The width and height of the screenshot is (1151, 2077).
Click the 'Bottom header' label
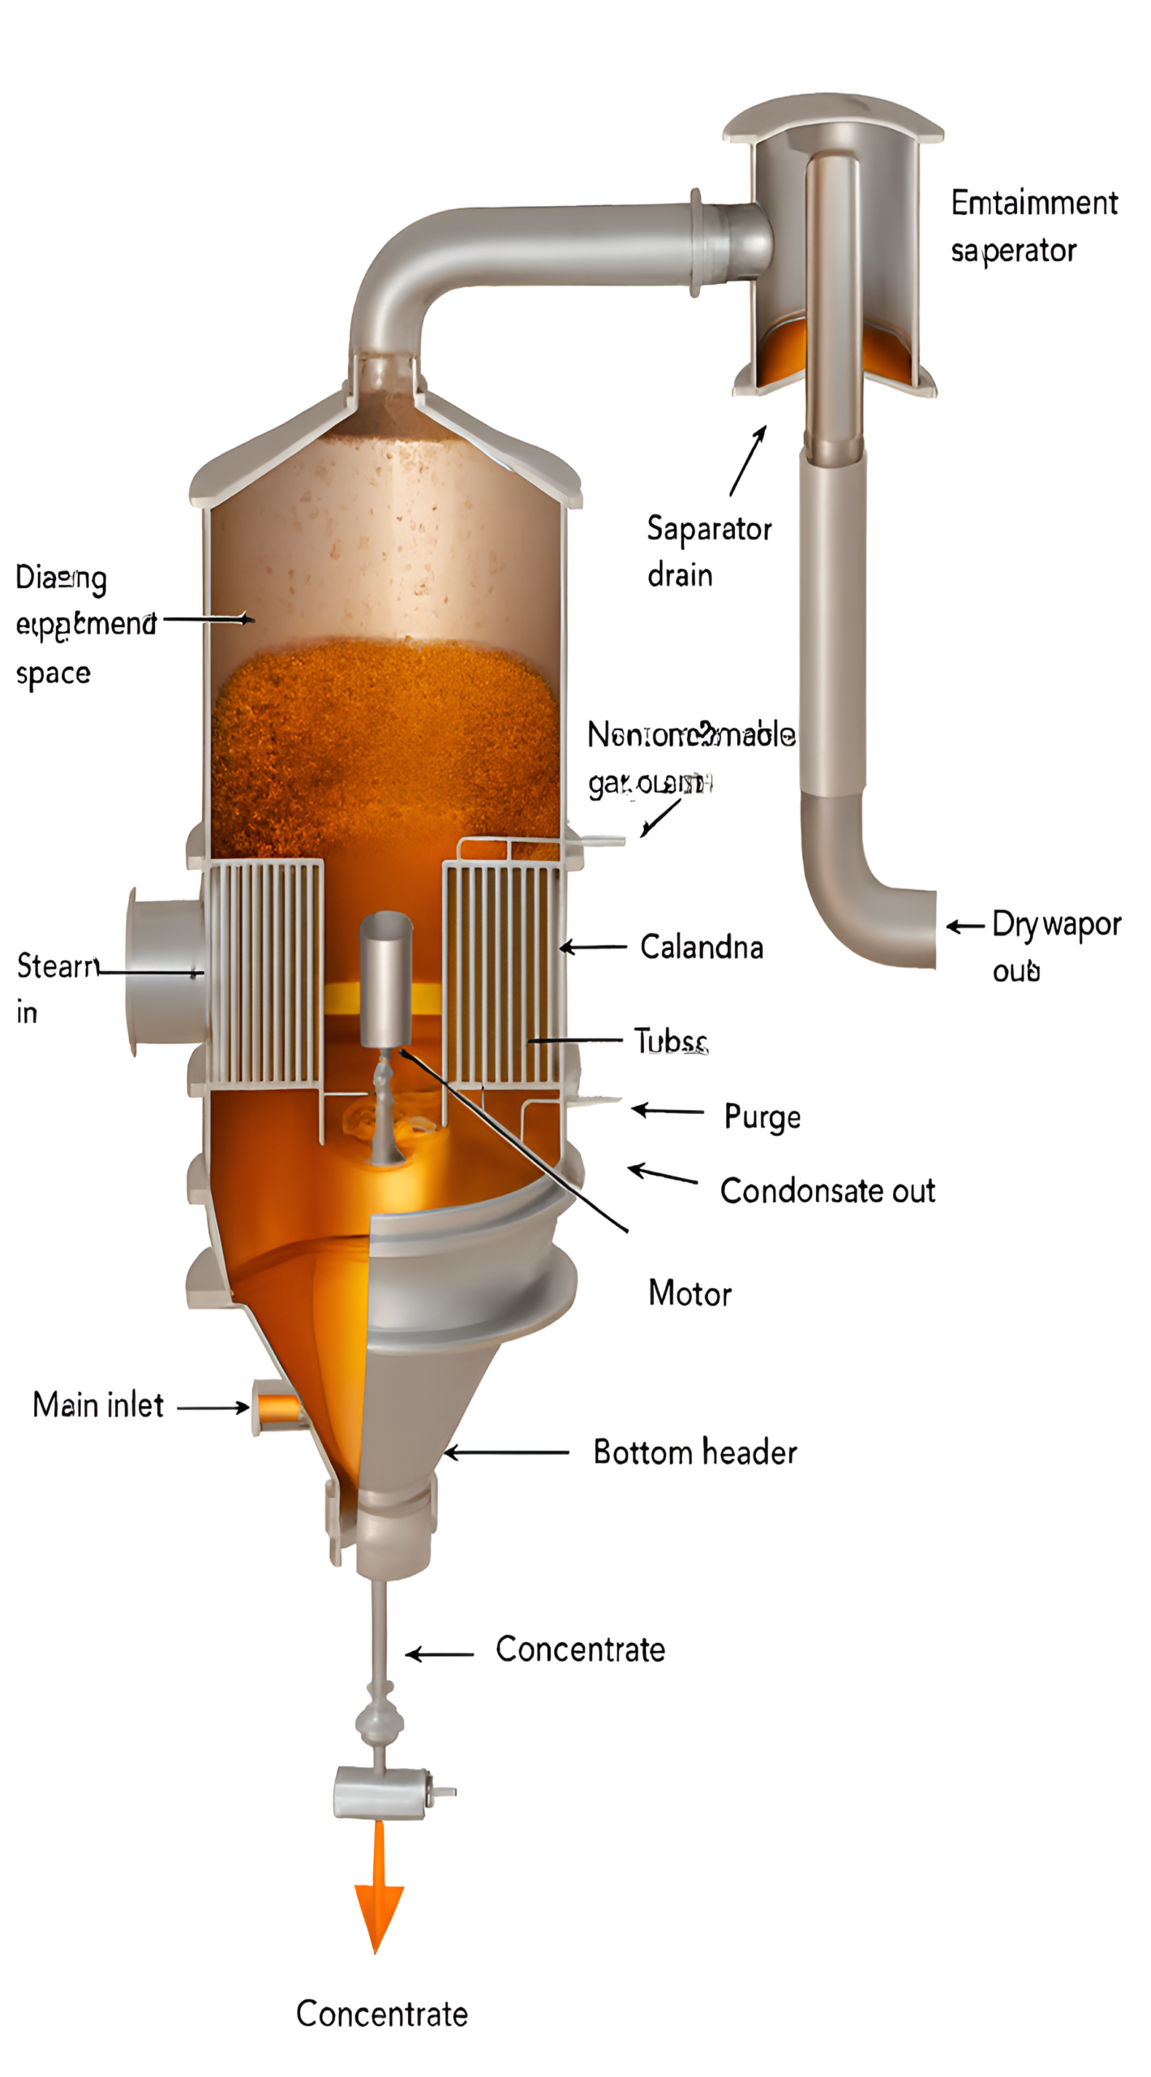(694, 1452)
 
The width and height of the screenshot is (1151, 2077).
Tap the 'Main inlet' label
(97, 1405)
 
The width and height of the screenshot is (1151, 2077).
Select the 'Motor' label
(689, 1293)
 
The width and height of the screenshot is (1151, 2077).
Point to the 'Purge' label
(762, 1117)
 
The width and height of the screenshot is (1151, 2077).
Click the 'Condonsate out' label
(827, 1191)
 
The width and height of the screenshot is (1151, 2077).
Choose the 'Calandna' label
(702, 947)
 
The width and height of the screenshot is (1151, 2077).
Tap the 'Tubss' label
(671, 1041)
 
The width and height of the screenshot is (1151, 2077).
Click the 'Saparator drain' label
(708, 552)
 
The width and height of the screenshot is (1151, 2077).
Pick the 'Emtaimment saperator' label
(1033, 226)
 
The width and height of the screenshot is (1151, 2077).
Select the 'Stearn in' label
(57, 987)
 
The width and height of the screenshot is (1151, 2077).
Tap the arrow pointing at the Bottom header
(506, 1452)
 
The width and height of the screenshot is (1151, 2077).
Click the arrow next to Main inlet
(213, 1408)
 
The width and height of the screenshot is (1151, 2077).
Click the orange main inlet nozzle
(277, 1407)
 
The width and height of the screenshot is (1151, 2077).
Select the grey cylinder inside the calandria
(386, 978)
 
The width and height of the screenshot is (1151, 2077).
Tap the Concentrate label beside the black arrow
(580, 1649)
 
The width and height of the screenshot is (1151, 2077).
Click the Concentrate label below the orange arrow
(381, 2014)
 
